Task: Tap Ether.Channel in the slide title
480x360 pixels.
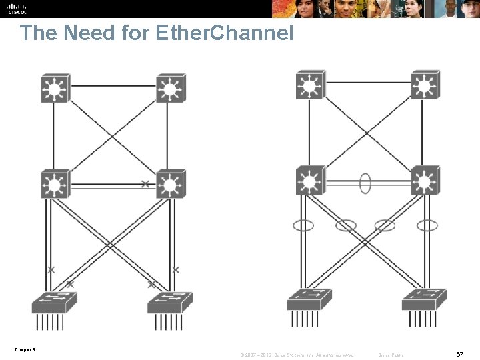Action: (x=224, y=33)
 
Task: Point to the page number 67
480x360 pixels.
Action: (x=460, y=353)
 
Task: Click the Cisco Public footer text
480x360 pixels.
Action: (x=391, y=354)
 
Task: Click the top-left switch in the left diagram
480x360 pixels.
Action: (x=56, y=88)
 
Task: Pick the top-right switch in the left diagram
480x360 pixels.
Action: (x=171, y=88)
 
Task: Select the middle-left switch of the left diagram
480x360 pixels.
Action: (x=56, y=184)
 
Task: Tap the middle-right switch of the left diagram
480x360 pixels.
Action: (x=171, y=184)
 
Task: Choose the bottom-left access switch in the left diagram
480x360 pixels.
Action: (x=53, y=303)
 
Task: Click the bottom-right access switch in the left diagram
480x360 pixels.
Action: (x=169, y=303)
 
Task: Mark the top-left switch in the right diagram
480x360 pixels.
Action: (x=310, y=85)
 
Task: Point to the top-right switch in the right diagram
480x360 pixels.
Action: (x=425, y=85)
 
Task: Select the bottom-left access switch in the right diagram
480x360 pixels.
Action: (x=309, y=300)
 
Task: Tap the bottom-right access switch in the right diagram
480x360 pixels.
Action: (x=424, y=300)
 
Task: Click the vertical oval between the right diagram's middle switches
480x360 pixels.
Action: (x=365, y=183)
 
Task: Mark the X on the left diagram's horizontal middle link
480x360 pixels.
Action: (x=145, y=183)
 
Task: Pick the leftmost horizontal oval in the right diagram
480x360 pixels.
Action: (x=303, y=225)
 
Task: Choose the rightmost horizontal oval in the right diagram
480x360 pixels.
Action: (x=427, y=225)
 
